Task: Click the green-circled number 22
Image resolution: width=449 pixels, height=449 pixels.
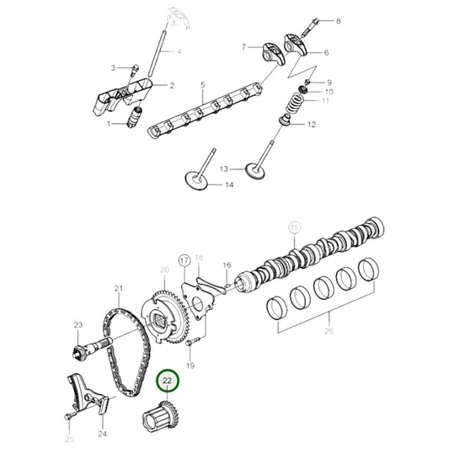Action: (x=168, y=382)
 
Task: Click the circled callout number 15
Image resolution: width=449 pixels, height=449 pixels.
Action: (x=294, y=227)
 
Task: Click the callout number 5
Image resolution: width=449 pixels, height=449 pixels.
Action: (x=202, y=85)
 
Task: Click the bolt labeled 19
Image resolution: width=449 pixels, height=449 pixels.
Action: (x=193, y=340)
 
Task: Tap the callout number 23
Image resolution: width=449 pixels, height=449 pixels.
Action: (x=78, y=325)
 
